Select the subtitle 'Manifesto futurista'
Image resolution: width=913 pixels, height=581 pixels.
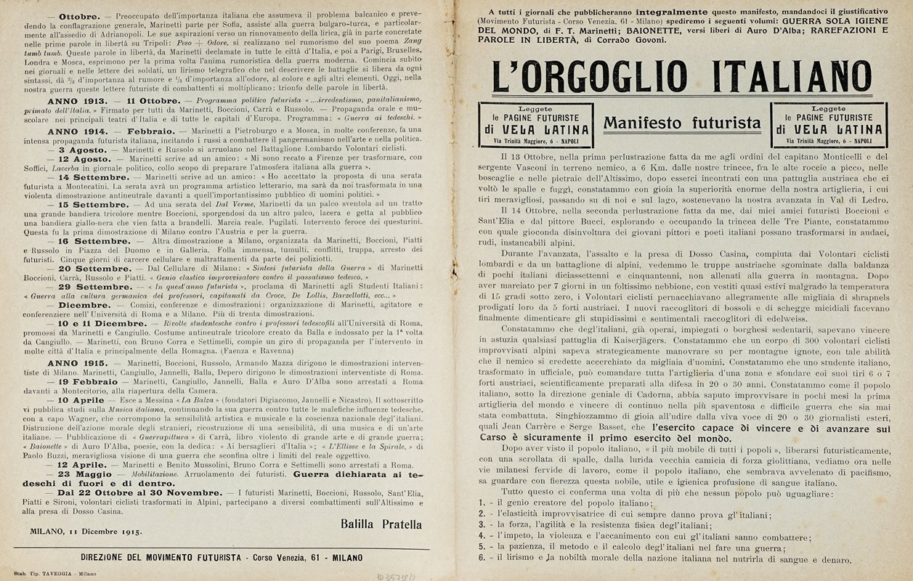[683, 123]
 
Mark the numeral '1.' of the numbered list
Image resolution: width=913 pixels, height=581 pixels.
[482, 503]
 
